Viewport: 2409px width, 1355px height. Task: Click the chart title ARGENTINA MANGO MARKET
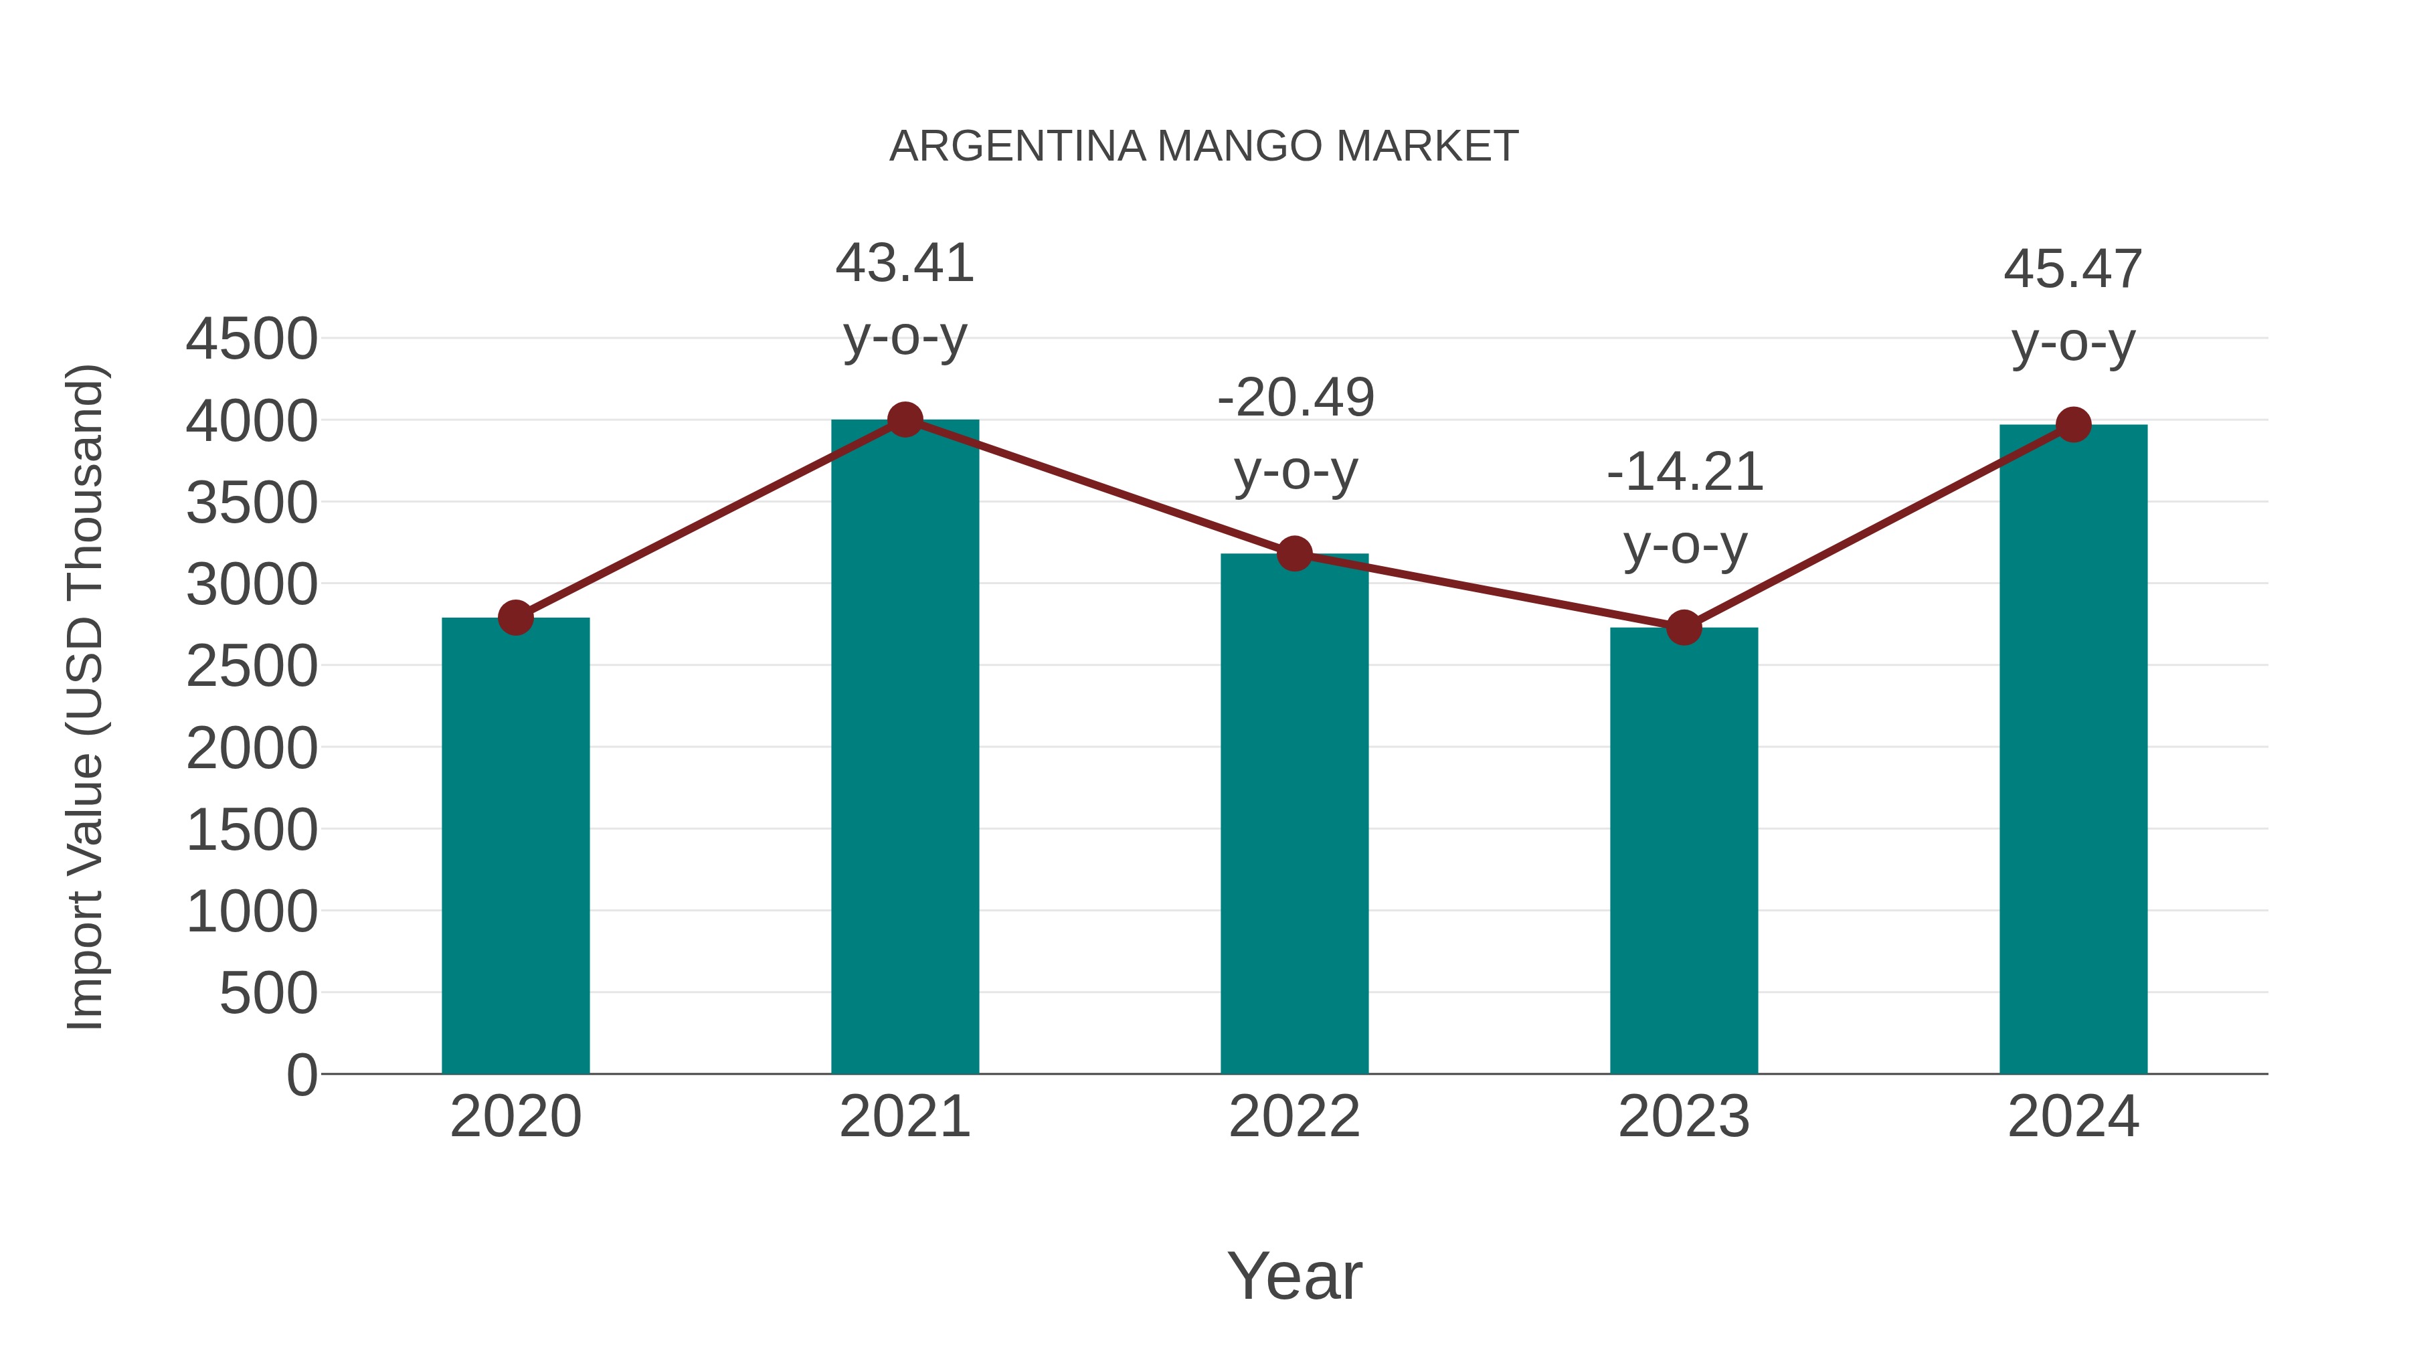tap(1204, 147)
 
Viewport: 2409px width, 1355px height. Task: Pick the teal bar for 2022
tap(1294, 814)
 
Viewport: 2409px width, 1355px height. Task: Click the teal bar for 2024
tap(2073, 749)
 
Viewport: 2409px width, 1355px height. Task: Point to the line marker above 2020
tap(515, 617)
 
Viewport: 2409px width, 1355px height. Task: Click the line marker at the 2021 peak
tap(904, 420)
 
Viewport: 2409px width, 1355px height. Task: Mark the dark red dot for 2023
tap(1684, 628)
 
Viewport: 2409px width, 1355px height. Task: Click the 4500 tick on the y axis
tap(252, 339)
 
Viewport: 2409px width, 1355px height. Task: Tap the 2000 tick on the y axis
tap(252, 748)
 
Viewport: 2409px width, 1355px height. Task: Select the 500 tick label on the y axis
tap(268, 993)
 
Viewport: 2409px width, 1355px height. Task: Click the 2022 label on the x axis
tap(1294, 1117)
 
